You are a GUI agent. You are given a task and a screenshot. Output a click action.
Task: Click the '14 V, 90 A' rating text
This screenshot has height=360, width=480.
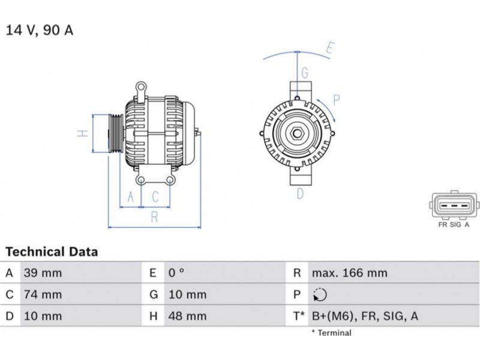[x=40, y=30]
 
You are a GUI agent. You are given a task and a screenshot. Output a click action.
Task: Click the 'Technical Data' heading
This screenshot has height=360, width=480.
[x=52, y=251]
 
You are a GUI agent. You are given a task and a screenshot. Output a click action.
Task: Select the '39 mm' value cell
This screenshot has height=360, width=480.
[x=43, y=272]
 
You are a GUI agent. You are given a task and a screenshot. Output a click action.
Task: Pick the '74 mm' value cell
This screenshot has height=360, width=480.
[x=43, y=294]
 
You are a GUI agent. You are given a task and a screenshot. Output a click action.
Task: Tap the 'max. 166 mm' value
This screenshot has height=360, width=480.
[x=350, y=272]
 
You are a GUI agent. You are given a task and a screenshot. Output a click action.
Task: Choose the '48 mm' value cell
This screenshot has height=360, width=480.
[x=187, y=316]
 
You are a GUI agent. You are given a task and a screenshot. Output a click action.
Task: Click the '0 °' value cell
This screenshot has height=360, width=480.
[x=176, y=272]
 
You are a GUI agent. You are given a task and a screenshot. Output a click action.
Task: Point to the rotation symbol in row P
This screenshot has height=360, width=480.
[x=320, y=295]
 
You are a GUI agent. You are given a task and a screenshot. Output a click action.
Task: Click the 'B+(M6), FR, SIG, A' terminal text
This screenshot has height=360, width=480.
[x=365, y=316]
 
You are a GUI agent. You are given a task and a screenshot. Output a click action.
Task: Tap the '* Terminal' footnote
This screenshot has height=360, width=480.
[x=332, y=333]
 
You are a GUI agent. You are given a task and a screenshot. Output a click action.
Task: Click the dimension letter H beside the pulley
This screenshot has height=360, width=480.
[x=83, y=133]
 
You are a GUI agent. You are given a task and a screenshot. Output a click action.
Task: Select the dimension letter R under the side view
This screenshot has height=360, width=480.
[x=155, y=217]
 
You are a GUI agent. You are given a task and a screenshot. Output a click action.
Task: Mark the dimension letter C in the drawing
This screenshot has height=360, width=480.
[x=155, y=197]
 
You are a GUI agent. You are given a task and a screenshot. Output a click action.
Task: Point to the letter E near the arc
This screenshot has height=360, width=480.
[x=330, y=49]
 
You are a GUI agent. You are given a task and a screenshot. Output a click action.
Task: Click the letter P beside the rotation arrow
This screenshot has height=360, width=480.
[x=337, y=100]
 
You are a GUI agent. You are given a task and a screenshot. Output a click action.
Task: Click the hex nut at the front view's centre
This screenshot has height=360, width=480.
[x=296, y=133]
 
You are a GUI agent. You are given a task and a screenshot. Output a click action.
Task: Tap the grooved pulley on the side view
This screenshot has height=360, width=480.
[x=116, y=133]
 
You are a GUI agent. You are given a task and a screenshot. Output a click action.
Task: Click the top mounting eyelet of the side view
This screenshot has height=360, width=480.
[x=141, y=86]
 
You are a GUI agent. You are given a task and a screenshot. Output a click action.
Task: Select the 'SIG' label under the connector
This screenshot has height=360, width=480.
[x=455, y=224]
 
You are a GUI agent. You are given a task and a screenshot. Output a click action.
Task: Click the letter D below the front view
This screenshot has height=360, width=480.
[x=300, y=193]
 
